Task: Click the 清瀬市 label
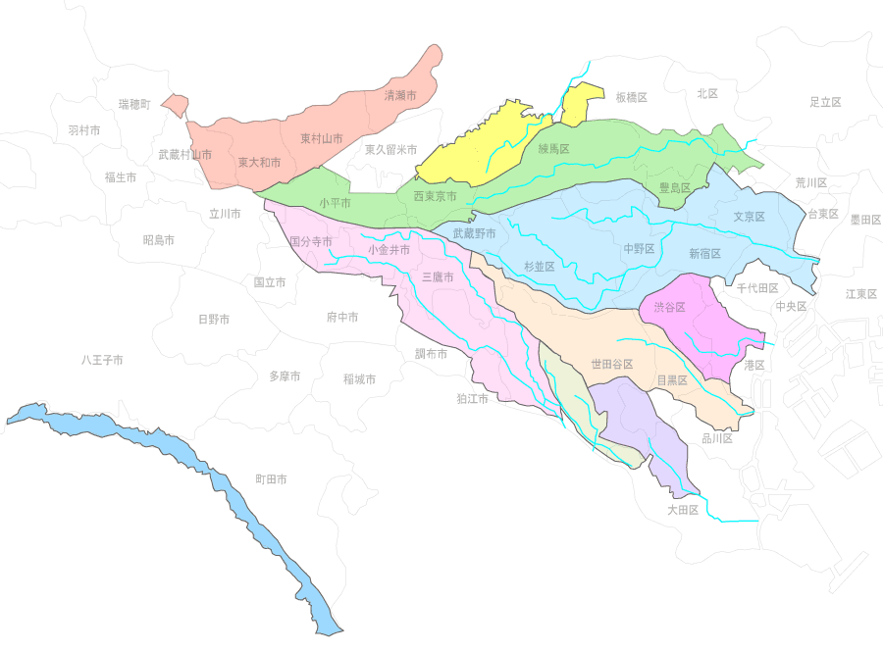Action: (x=400, y=96)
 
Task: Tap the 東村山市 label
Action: (x=322, y=139)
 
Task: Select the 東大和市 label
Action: (x=259, y=163)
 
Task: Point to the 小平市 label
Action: (x=335, y=203)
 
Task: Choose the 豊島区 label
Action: (x=674, y=187)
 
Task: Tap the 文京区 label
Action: (x=749, y=217)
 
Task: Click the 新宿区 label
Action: (x=704, y=253)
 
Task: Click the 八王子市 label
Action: (x=102, y=361)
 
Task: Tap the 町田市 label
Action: (x=271, y=479)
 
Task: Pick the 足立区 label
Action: (x=825, y=102)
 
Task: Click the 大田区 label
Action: (x=682, y=510)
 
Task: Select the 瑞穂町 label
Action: (x=134, y=104)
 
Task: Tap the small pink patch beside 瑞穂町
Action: (x=176, y=104)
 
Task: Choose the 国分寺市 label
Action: (x=310, y=241)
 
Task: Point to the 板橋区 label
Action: (x=632, y=97)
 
